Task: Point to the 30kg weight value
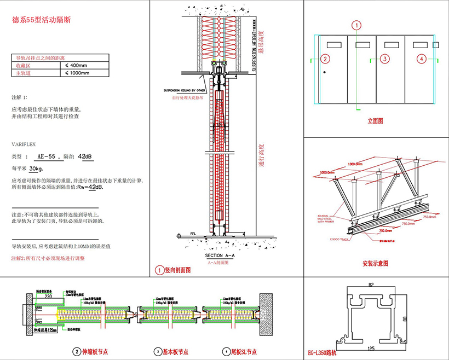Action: [x=36, y=169]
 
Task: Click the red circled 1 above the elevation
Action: [x=356, y=25]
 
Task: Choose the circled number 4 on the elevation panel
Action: [x=421, y=59]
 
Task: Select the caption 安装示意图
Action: [x=375, y=264]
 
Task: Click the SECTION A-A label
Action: [x=220, y=256]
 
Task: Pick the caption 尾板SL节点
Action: [x=245, y=351]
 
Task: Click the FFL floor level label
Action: [x=193, y=234]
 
